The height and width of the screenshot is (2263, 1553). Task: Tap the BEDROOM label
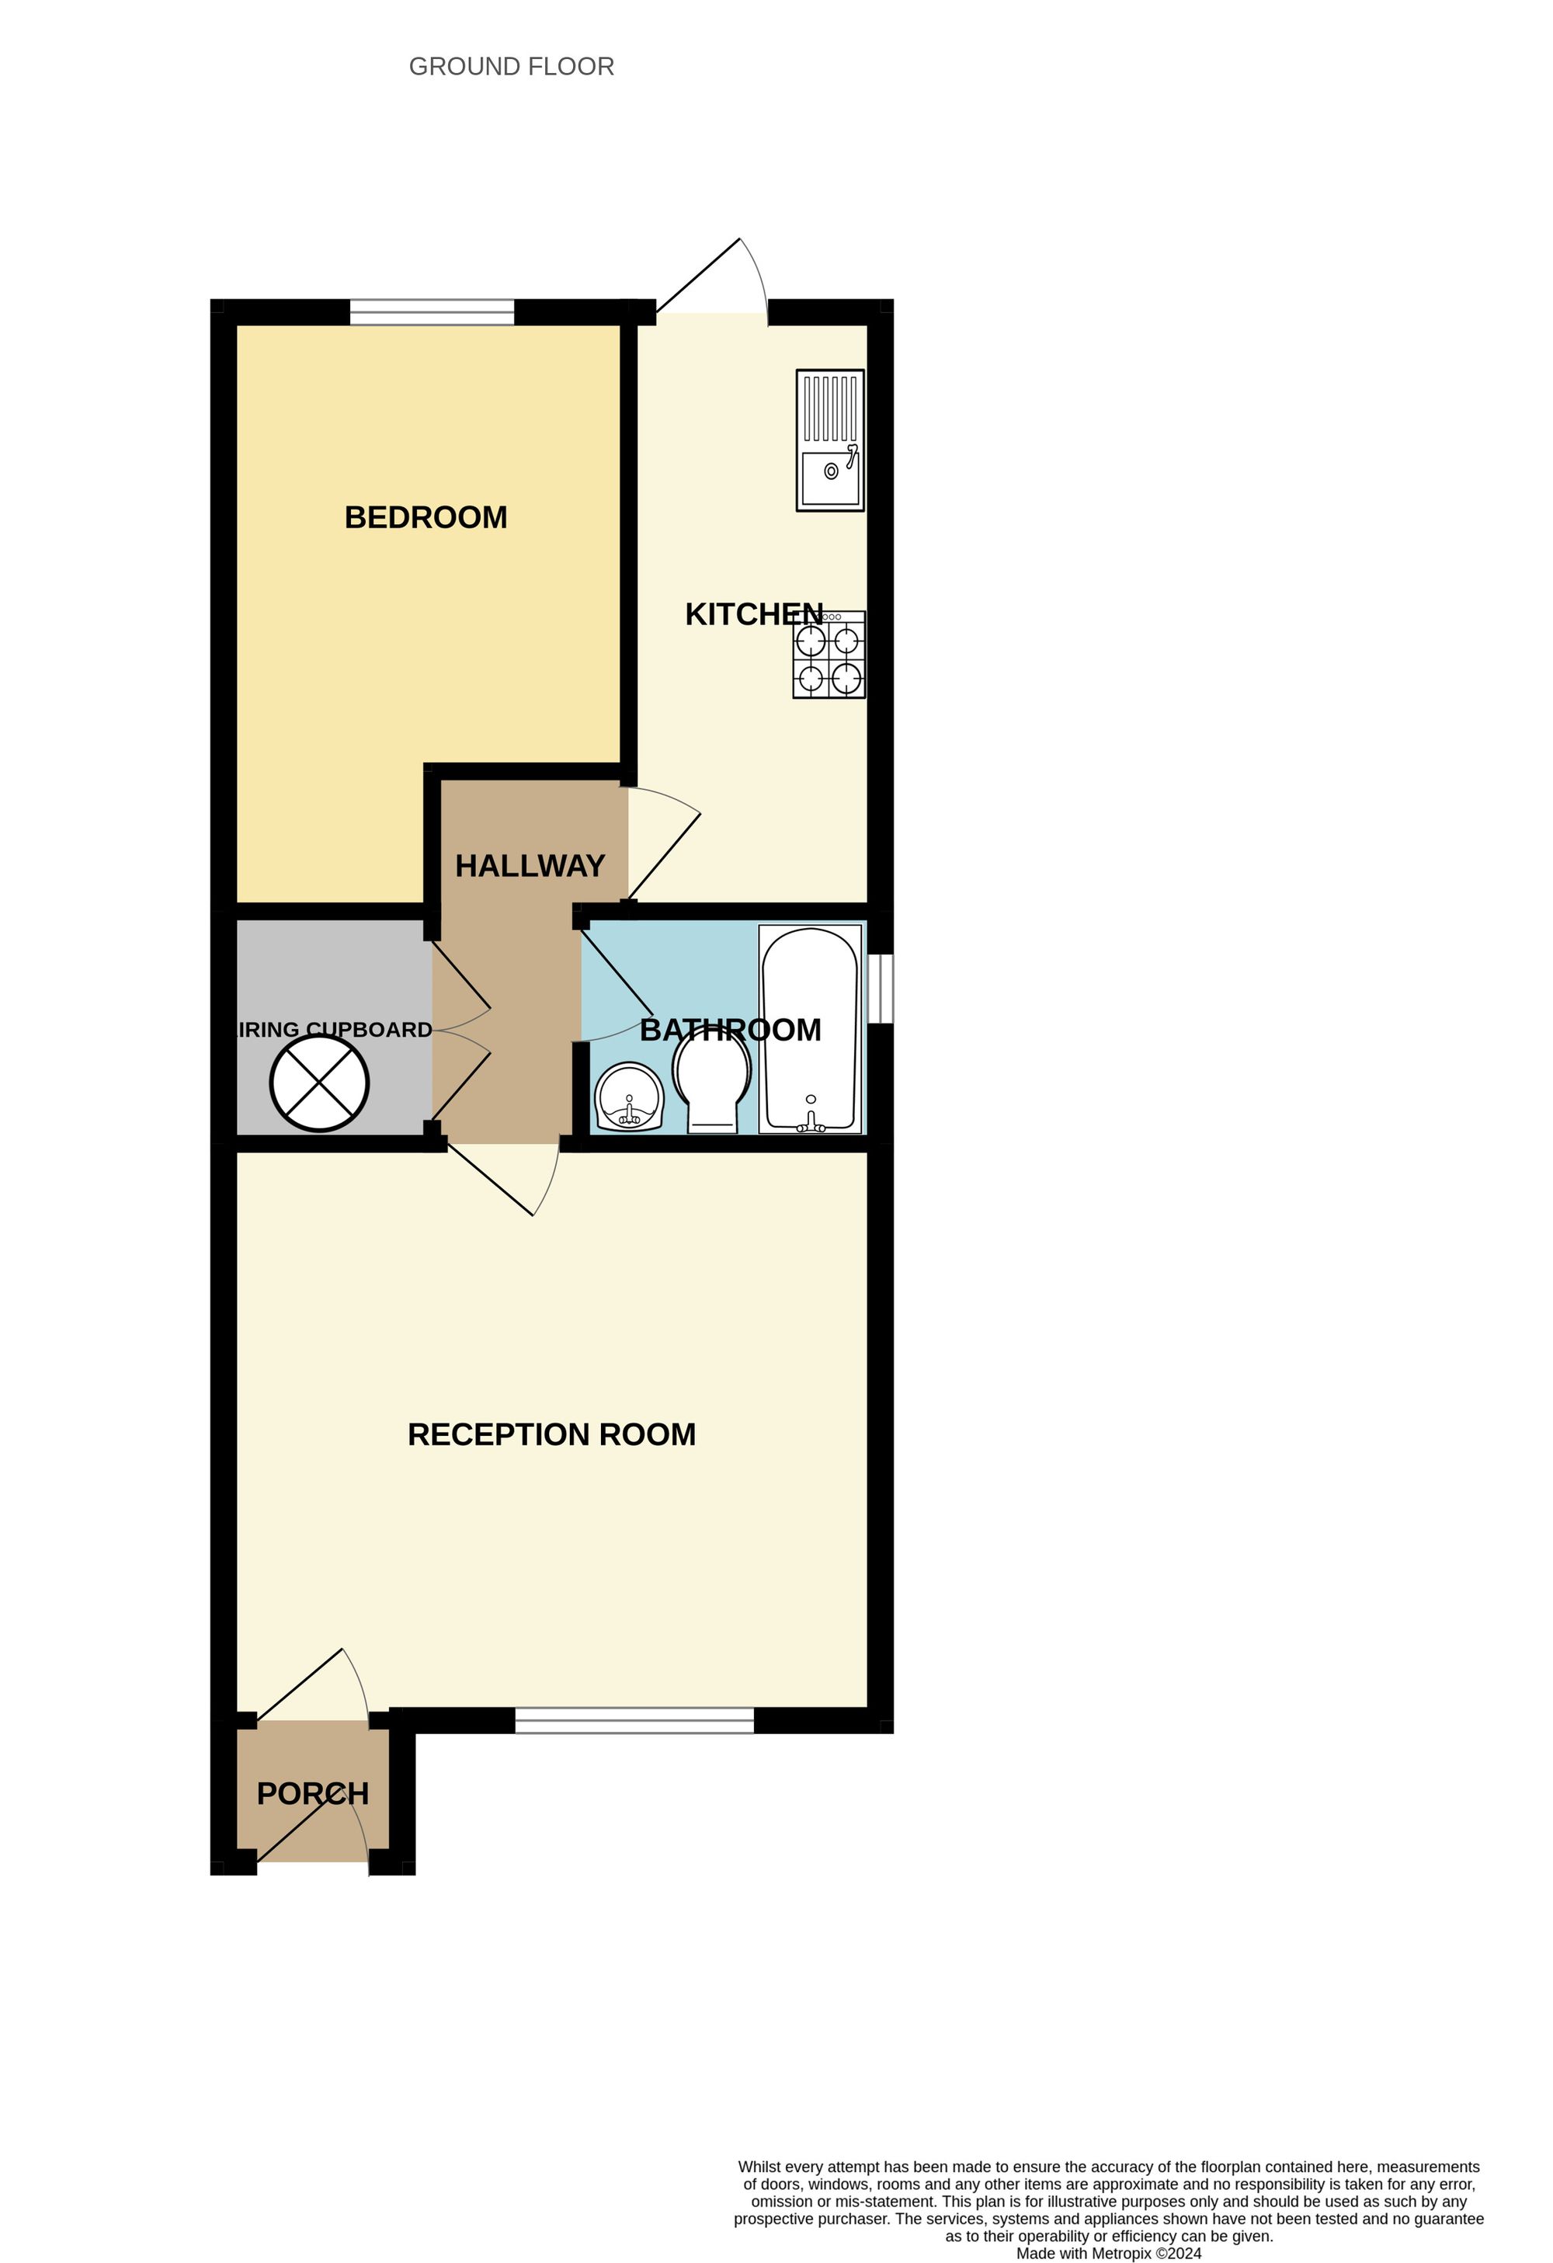[x=426, y=517]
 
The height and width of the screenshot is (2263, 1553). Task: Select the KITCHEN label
[x=754, y=614]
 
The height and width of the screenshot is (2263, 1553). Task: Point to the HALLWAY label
[x=530, y=866]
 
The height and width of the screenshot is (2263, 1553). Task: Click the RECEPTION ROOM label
[x=551, y=1434]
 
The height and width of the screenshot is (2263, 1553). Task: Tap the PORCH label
[x=313, y=1794]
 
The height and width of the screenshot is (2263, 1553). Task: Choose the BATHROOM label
[x=730, y=1031]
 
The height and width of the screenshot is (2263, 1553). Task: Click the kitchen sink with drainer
[x=829, y=440]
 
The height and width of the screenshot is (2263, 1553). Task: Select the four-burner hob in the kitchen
[x=829, y=655]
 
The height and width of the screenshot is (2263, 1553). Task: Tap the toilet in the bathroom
[x=713, y=1086]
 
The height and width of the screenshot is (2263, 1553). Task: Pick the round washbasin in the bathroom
[x=629, y=1098]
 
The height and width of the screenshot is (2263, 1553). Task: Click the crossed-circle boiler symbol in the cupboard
[x=319, y=1084]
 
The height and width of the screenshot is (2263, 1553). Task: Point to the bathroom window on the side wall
[x=881, y=989]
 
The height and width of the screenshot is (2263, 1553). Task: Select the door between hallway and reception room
[x=506, y=1180]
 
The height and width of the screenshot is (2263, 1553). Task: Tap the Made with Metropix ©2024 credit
[x=1108, y=2253]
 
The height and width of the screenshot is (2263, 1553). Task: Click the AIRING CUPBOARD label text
[x=335, y=1031]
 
